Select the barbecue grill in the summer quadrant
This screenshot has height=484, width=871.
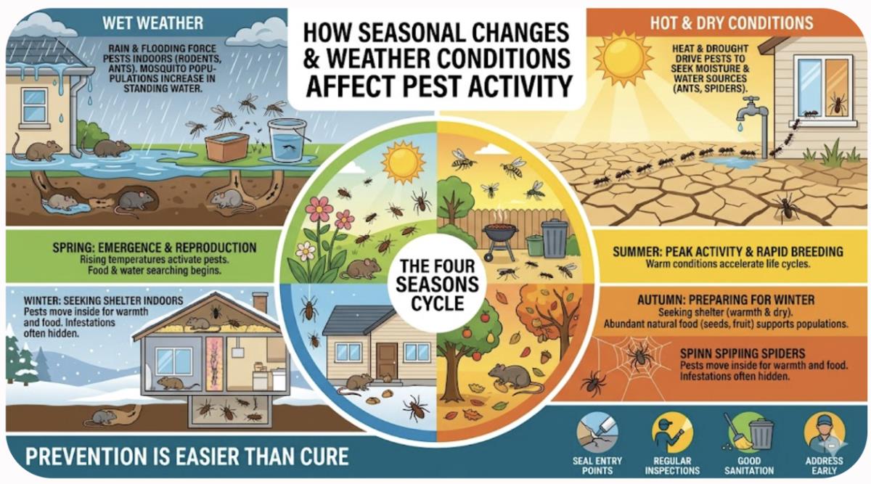500,238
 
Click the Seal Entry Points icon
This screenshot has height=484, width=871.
597,432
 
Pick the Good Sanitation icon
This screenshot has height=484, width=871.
748,432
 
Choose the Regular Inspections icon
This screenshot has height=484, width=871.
672,432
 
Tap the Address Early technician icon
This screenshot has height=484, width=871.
825,432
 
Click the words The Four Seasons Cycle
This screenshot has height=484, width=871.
438,285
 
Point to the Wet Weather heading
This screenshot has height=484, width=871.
153,23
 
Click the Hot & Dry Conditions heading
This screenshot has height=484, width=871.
732,23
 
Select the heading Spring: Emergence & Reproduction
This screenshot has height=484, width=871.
155,247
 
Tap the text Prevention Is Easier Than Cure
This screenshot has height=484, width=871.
187,456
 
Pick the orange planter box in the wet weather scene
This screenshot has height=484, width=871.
226,147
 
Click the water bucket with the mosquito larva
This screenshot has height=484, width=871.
288,141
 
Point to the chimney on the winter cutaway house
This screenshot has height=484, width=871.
260,302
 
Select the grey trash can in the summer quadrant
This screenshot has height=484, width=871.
555,238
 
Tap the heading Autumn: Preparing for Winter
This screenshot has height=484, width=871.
726,300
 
